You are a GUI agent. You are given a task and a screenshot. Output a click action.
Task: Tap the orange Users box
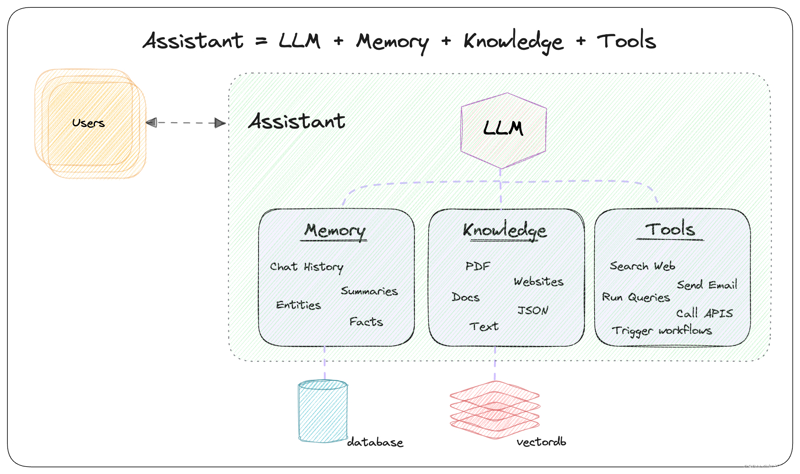(89, 123)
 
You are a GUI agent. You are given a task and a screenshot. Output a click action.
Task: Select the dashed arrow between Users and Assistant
(186, 123)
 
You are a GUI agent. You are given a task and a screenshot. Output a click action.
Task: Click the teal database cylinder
(322, 411)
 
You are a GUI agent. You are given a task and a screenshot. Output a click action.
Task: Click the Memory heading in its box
(335, 231)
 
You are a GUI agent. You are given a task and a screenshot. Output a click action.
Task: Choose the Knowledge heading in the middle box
(505, 231)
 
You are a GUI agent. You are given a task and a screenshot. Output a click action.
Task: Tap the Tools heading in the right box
(670, 231)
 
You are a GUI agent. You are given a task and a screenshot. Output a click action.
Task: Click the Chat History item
(306, 267)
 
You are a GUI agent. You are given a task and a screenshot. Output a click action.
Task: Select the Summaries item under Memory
(369, 291)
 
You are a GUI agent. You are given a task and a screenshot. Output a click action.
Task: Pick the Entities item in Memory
(298, 305)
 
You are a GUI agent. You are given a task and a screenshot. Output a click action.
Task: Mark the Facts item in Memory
(366, 322)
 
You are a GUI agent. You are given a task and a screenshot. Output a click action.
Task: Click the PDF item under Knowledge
(477, 266)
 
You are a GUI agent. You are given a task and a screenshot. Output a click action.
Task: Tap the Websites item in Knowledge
(538, 282)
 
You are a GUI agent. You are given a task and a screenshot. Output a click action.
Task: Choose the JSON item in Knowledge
(533, 310)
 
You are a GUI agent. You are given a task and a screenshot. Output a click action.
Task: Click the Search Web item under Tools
(642, 266)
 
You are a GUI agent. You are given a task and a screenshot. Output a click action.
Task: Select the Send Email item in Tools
(707, 285)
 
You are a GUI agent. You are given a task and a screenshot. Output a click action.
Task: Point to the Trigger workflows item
(661, 330)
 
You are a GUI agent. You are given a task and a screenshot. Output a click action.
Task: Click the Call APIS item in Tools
(704, 313)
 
